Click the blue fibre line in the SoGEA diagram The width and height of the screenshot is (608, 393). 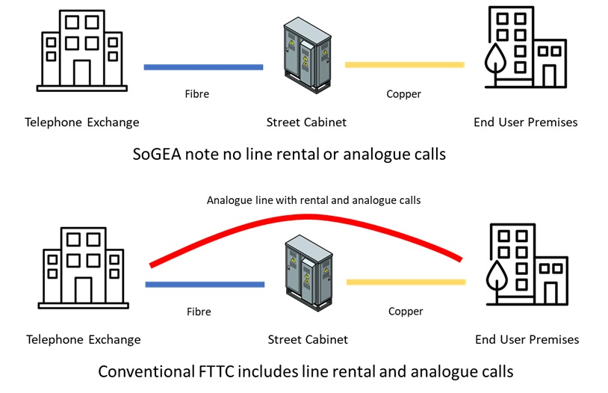coord(203,67)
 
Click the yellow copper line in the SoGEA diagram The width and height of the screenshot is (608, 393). coord(404,65)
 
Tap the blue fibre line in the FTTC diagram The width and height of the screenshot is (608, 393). coord(205,285)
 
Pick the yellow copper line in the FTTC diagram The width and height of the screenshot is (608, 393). coord(406,282)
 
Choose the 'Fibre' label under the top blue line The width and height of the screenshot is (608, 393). coord(197,94)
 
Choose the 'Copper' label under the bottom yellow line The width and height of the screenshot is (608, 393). coord(406,311)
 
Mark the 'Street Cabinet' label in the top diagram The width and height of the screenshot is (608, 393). coord(306,122)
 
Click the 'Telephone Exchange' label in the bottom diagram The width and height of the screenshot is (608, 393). coord(83,339)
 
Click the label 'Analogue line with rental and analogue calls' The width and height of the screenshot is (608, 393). coord(314,200)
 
